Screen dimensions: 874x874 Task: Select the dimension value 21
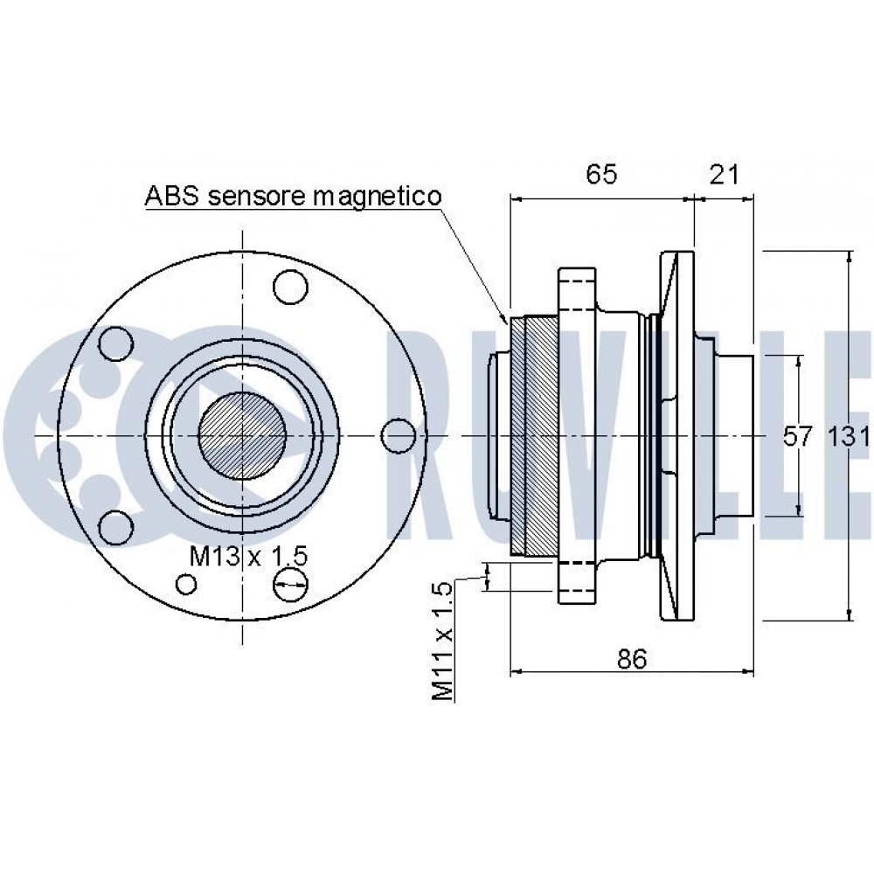tap(725, 174)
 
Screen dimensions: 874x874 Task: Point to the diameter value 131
tap(847, 436)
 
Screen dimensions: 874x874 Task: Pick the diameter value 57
tap(796, 436)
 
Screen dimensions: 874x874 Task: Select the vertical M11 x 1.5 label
tap(443, 642)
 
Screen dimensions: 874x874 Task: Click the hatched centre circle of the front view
tap(242, 434)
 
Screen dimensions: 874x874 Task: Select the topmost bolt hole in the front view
tap(289, 286)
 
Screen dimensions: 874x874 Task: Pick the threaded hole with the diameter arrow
tap(289, 586)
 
